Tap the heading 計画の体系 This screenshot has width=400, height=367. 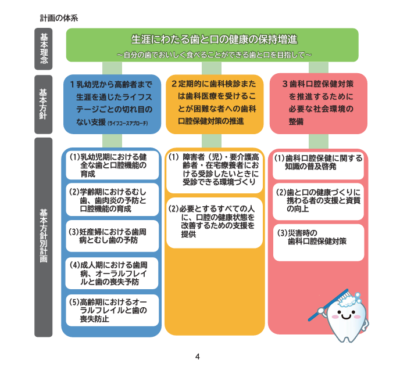click(x=59, y=18)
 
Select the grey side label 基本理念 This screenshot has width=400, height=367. click(x=44, y=48)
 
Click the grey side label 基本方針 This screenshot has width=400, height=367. click(x=44, y=104)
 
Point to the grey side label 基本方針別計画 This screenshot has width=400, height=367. click(x=44, y=237)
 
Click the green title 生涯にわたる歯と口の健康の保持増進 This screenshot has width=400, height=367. click(x=214, y=40)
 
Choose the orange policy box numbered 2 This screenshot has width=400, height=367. click(x=214, y=104)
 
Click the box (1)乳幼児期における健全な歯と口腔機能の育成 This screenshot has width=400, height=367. click(x=111, y=165)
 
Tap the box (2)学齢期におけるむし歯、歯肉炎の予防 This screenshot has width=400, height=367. click(x=111, y=200)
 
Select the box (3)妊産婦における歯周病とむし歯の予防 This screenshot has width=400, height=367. click(x=111, y=235)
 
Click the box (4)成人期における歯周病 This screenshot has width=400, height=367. click(x=111, y=273)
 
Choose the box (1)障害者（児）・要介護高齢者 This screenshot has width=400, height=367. click(x=214, y=171)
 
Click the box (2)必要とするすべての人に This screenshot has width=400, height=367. click(x=214, y=222)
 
